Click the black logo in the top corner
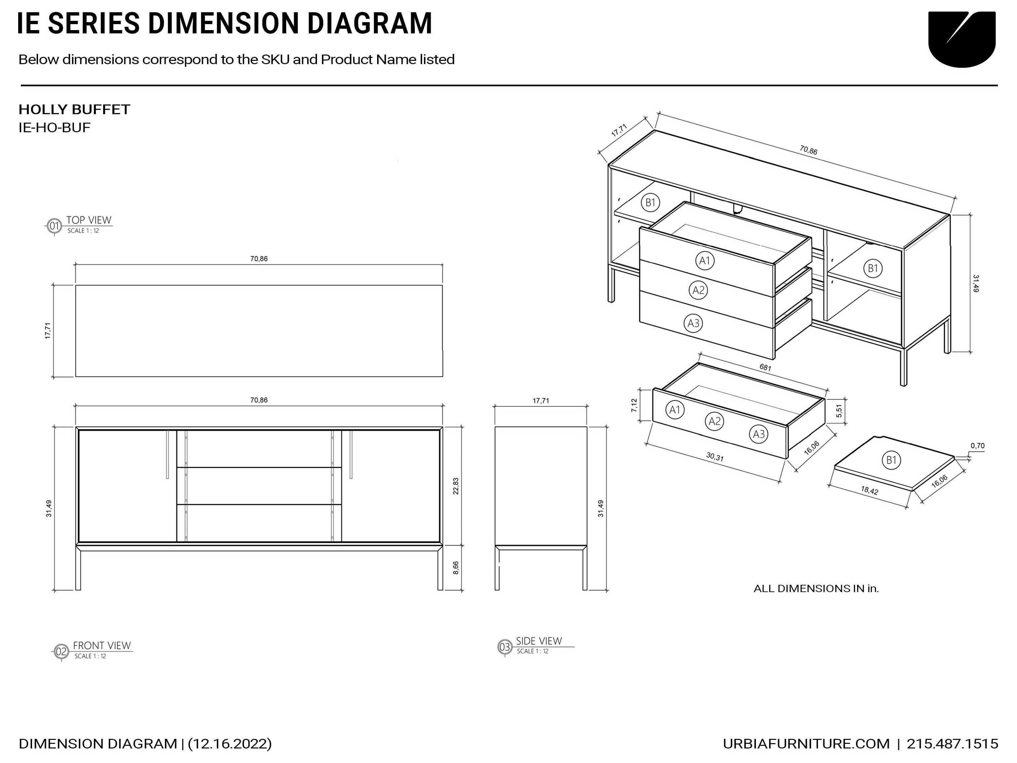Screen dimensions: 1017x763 [962, 39]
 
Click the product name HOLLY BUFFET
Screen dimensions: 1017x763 [74, 109]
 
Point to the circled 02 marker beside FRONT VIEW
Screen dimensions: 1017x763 [61, 652]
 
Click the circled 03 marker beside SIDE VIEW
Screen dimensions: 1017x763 [505, 647]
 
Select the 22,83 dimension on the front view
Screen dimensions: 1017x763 [456, 486]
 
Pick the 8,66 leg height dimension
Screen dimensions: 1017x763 [456, 568]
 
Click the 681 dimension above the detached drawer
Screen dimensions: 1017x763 [765, 368]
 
